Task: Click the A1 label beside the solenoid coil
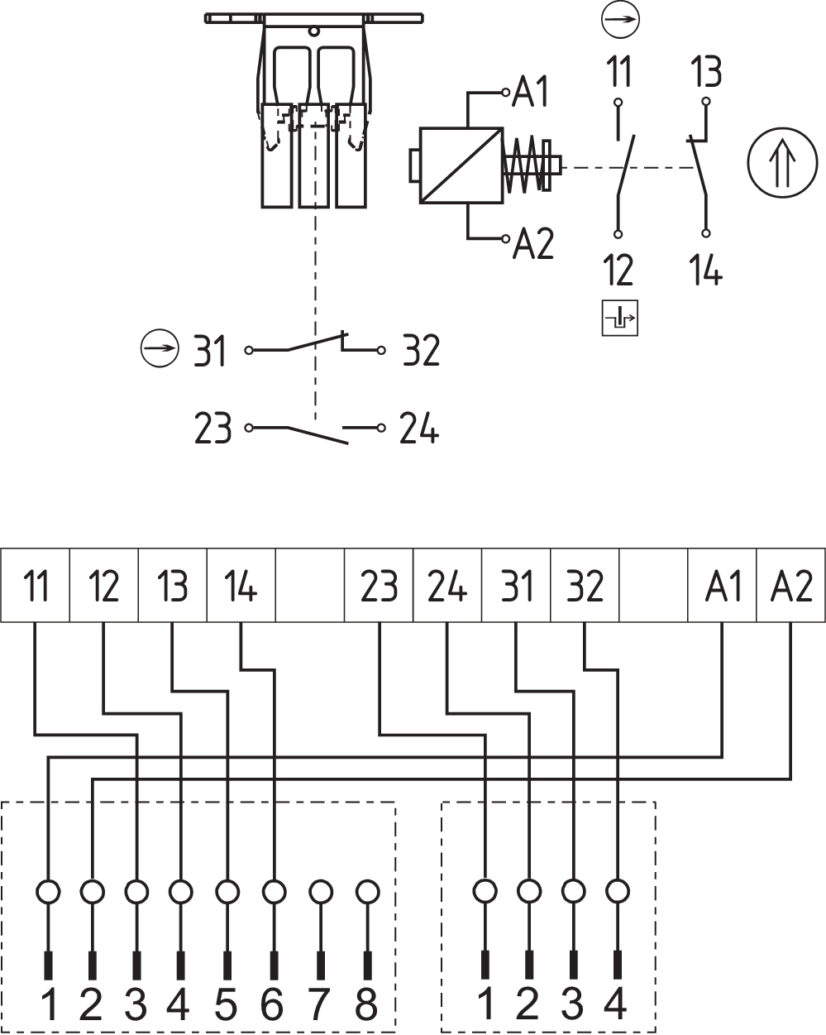(x=530, y=91)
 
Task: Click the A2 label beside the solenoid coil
(x=532, y=243)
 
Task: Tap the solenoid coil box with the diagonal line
(x=461, y=165)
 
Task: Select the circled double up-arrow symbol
(x=782, y=162)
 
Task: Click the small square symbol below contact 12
(x=620, y=318)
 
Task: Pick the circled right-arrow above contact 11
(x=620, y=19)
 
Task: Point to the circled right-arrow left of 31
(x=160, y=348)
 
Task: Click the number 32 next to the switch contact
(x=421, y=351)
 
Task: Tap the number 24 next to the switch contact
(x=418, y=428)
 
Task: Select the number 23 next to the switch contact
(x=212, y=428)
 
